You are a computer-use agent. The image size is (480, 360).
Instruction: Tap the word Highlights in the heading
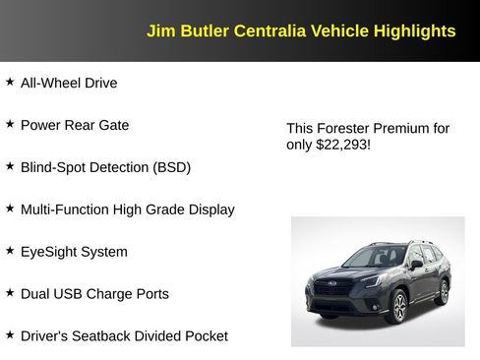[x=414, y=30]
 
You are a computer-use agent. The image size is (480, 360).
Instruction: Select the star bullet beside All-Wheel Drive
[x=10, y=82]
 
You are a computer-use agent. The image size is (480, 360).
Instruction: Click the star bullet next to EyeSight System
[x=10, y=251]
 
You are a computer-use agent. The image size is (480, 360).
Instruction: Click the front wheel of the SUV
[x=398, y=308]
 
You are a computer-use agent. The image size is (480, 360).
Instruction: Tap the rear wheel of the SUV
[x=444, y=290]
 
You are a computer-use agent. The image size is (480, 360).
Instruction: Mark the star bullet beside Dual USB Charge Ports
[x=10, y=293]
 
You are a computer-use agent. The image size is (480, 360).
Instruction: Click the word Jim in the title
[x=158, y=30]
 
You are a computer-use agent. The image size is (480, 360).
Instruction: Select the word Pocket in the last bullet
[x=204, y=336]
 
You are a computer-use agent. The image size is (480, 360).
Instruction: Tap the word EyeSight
[x=49, y=252]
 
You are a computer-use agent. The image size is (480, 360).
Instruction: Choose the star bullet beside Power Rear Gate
[x=10, y=124]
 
